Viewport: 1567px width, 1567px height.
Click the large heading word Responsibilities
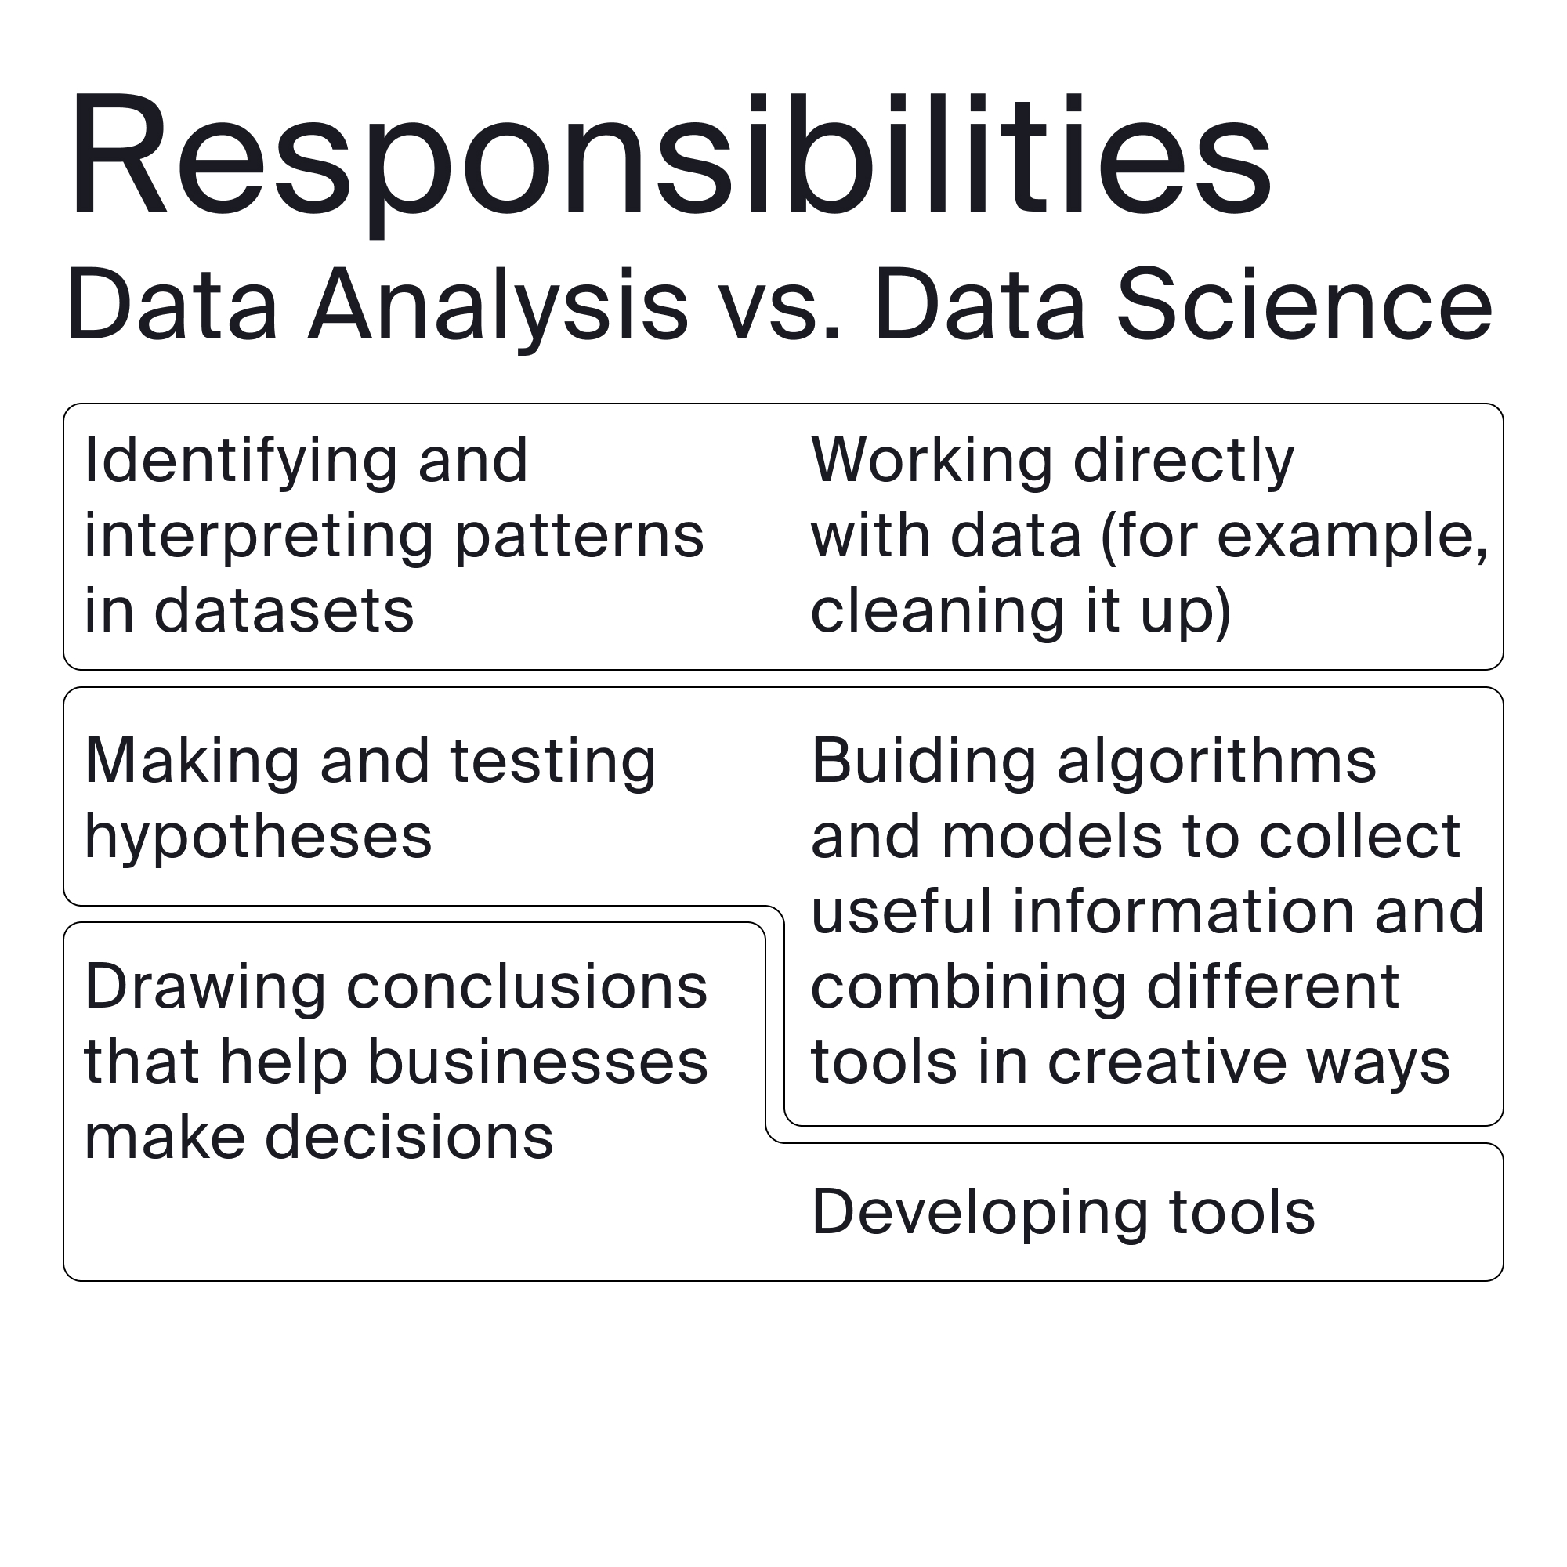671,162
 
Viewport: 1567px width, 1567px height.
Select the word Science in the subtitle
1305,303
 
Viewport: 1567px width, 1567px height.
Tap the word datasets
284,611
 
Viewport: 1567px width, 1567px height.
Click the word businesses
537,1062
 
